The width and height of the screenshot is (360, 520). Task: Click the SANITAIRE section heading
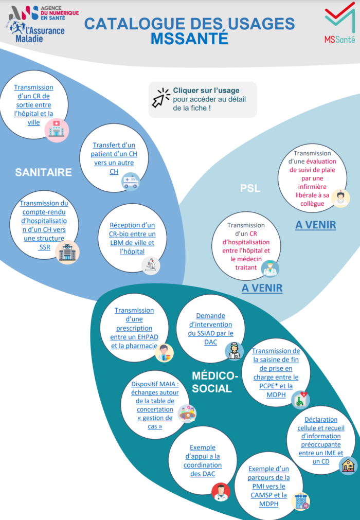[x=44, y=172]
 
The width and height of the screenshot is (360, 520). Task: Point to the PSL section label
[x=250, y=188]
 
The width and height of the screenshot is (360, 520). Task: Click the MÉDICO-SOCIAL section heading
[x=215, y=382]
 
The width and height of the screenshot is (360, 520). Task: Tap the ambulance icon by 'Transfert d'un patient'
[x=131, y=182]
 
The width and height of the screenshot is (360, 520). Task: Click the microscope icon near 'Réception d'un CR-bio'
[x=151, y=265]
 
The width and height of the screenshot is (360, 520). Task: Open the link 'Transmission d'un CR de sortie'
[x=33, y=105]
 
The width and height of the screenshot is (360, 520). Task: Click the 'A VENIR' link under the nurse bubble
[x=315, y=225]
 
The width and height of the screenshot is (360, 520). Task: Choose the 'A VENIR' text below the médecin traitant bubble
[x=262, y=288]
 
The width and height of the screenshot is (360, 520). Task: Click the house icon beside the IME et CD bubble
[x=348, y=465]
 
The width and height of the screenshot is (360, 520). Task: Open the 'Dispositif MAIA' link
[x=155, y=405]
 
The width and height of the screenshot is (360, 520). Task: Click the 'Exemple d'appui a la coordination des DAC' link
[x=203, y=460]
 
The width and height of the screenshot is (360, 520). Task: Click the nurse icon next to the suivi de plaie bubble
[x=340, y=198]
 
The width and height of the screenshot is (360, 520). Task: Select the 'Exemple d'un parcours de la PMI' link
[x=268, y=486]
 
